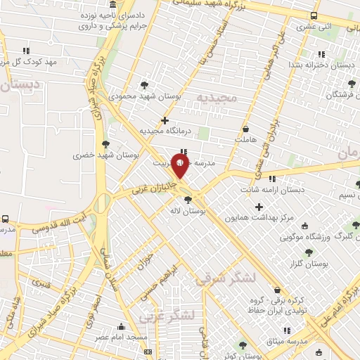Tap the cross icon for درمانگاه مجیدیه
[x=165, y=120]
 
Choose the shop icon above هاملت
[x=245, y=129]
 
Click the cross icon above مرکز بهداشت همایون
[x=259, y=207]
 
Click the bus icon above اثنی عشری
[x=314, y=15]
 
